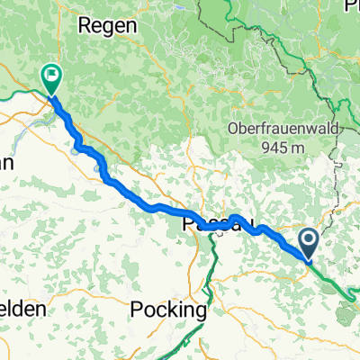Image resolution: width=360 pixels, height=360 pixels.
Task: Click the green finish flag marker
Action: [50, 78]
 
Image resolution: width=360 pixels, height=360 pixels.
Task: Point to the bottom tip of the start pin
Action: [308, 260]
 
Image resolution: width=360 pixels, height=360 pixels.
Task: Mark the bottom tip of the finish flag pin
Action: [50, 95]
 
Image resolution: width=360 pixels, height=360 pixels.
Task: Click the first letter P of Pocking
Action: [137, 309]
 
